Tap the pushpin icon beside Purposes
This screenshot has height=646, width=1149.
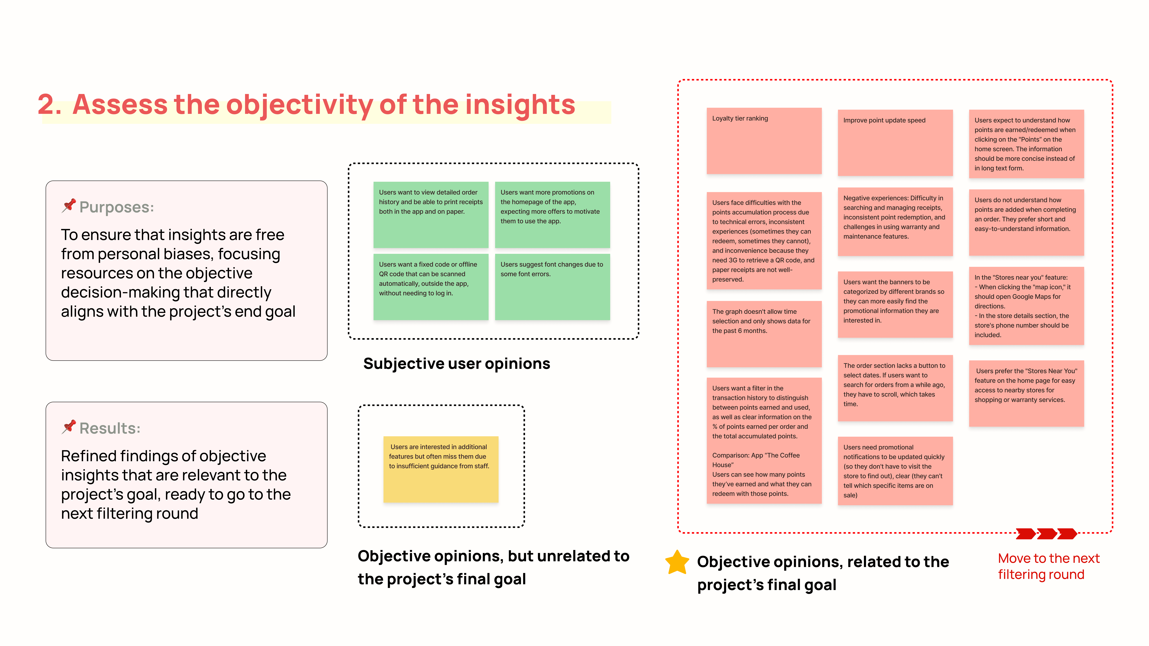click(x=69, y=205)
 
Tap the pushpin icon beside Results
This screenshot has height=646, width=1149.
click(x=69, y=427)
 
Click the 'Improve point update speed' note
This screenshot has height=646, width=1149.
click(x=895, y=143)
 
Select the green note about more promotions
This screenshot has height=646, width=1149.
click(x=552, y=214)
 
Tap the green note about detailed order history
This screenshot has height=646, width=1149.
click(x=430, y=214)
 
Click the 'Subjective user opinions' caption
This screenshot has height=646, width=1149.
click(x=456, y=364)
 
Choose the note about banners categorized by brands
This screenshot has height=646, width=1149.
click(x=895, y=305)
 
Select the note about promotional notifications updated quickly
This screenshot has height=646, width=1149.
click(x=895, y=471)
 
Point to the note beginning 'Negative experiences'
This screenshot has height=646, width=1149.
click(x=895, y=222)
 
